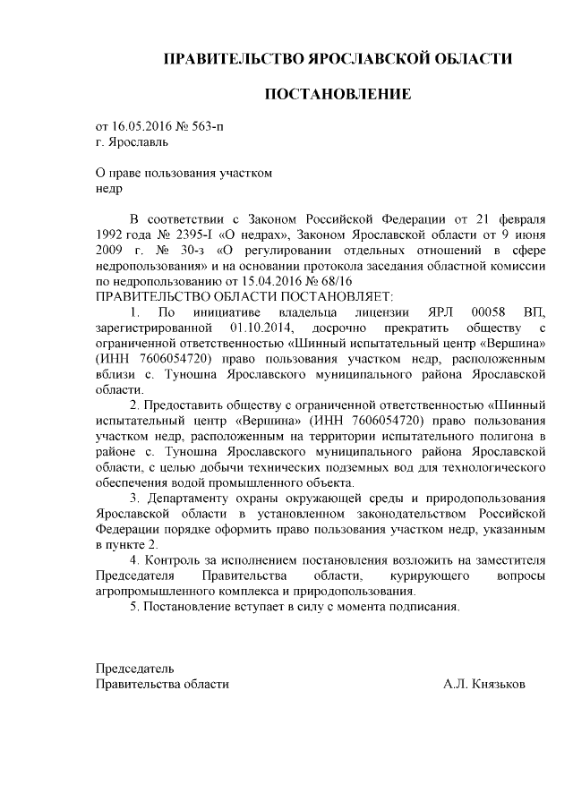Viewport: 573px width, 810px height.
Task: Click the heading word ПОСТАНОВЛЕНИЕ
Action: click(337, 94)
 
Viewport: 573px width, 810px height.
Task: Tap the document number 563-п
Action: click(210, 125)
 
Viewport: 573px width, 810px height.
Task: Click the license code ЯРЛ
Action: click(433, 312)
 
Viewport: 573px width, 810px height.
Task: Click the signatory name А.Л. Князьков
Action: click(484, 684)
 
